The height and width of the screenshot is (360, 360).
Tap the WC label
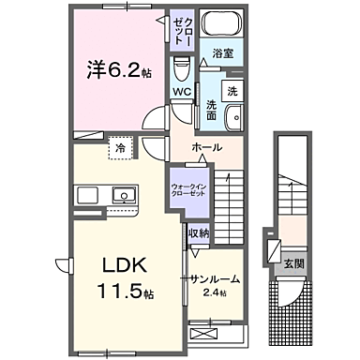click(x=183, y=92)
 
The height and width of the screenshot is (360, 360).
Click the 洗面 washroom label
click(x=212, y=110)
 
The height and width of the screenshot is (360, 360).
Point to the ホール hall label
click(x=205, y=148)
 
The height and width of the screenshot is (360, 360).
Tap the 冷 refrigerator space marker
click(x=121, y=147)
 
